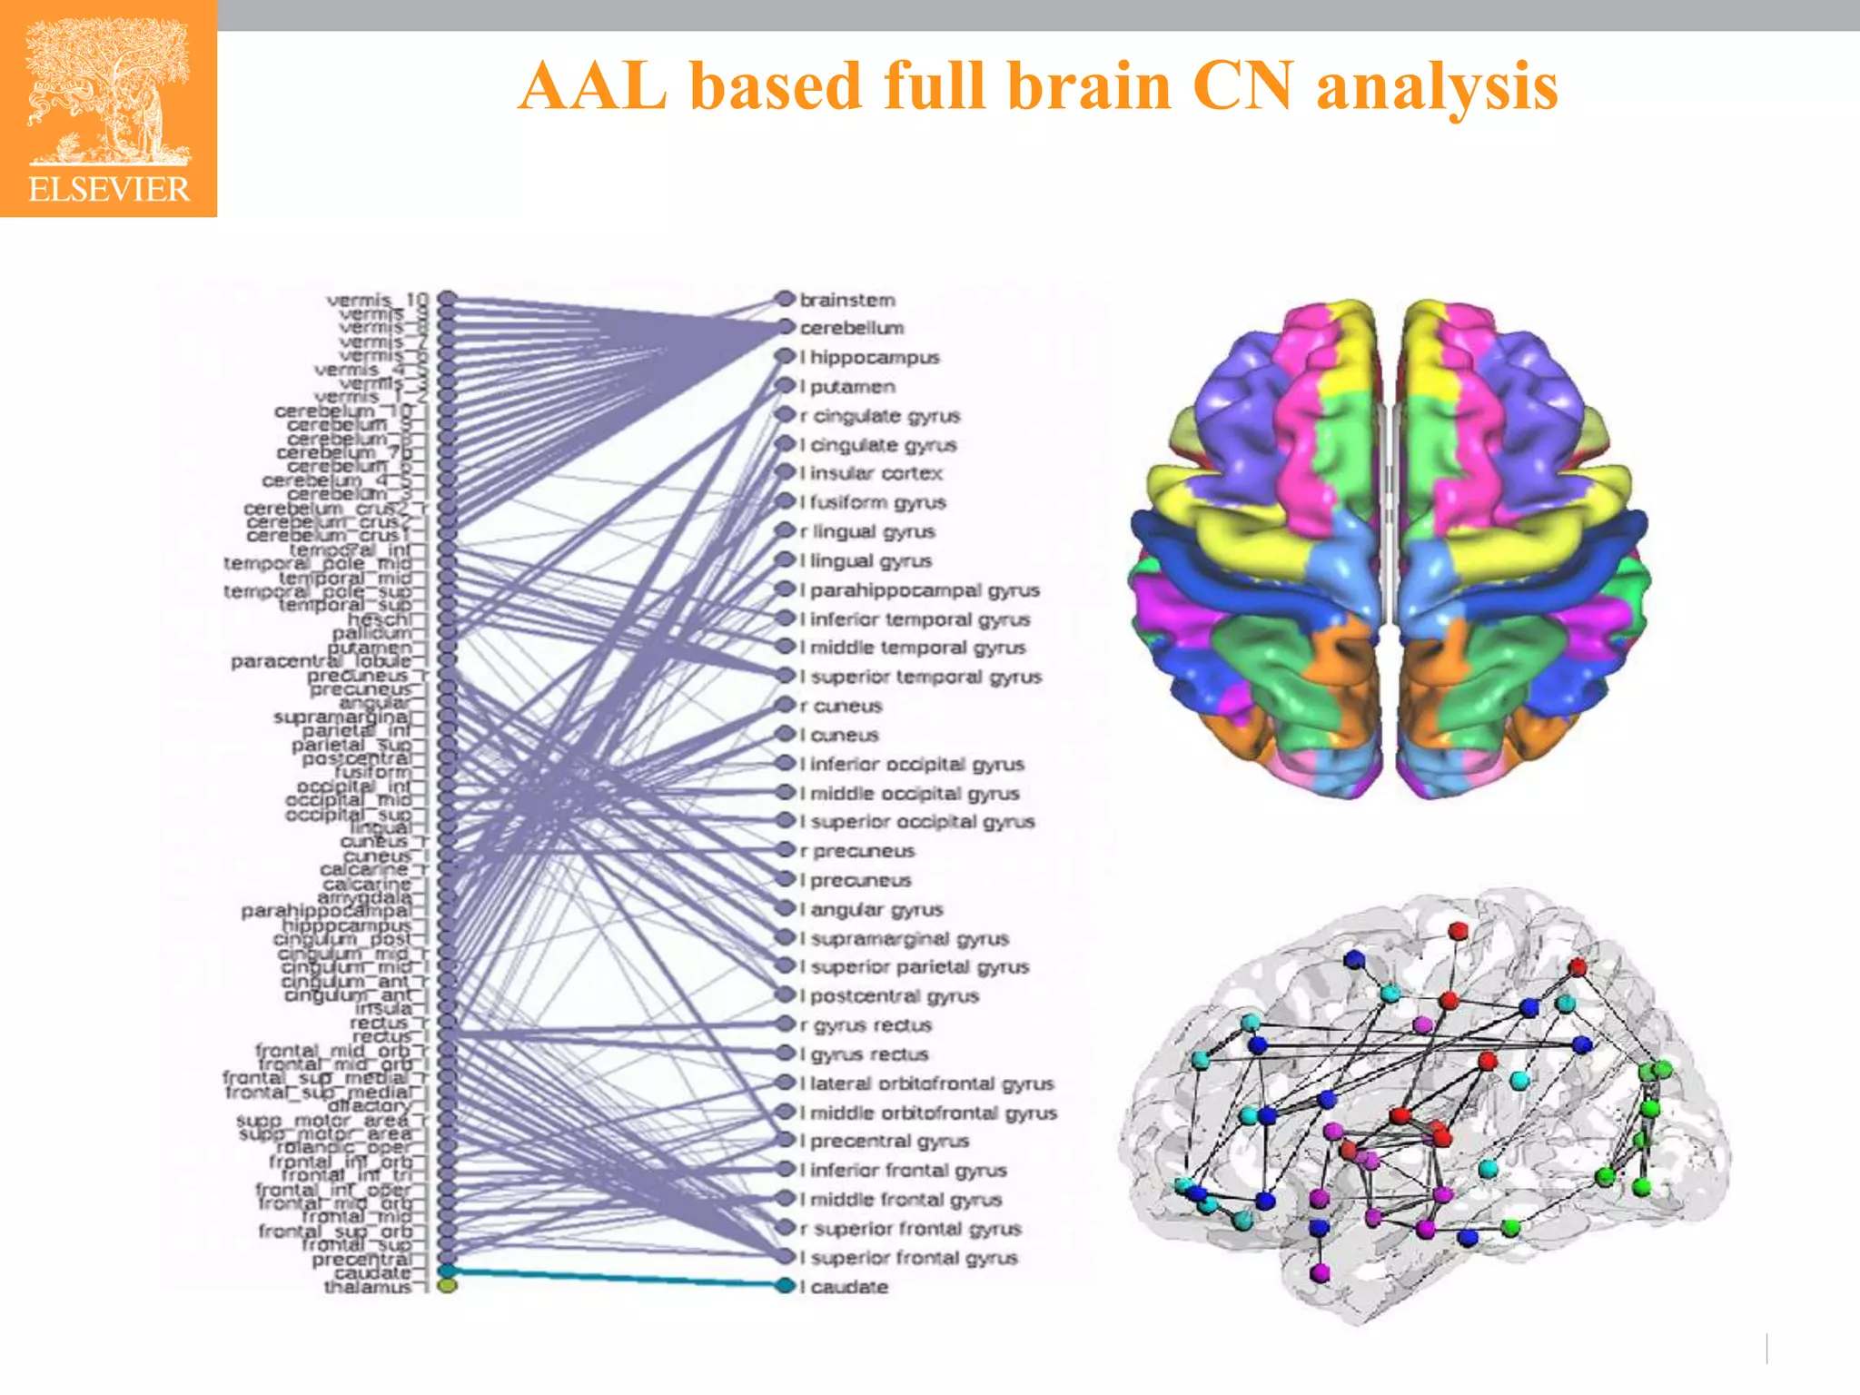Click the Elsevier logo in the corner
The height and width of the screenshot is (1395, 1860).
point(108,109)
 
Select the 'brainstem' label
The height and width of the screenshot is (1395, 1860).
point(847,300)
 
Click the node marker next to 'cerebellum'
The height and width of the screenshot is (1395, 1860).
point(786,327)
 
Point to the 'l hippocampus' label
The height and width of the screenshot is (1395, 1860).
point(869,357)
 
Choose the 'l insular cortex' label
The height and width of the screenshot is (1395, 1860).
point(871,473)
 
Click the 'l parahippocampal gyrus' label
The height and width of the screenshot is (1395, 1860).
point(919,590)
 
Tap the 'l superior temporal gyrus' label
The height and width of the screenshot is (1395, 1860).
point(920,677)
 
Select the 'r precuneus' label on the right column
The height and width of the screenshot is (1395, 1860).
point(857,851)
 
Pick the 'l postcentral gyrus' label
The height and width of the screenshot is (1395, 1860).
point(889,996)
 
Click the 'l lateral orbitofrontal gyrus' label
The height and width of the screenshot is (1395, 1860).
point(926,1083)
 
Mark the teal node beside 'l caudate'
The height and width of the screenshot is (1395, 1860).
point(786,1286)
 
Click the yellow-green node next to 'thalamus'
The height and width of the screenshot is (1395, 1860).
point(447,1286)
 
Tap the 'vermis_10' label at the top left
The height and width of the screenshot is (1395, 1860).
point(376,300)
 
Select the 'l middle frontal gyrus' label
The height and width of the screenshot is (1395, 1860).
point(901,1200)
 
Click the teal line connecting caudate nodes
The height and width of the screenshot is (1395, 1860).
point(618,1278)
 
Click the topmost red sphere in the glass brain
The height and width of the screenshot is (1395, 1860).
point(1459,931)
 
